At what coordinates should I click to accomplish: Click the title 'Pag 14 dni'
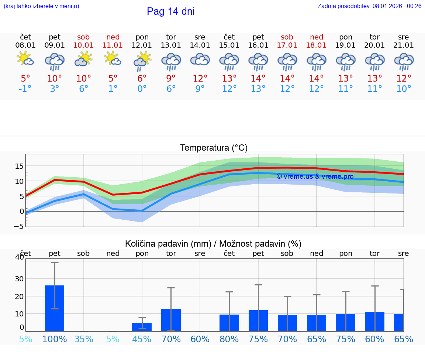[170, 11]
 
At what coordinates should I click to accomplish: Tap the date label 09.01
[55, 45]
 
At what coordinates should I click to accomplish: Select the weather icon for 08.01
[25, 59]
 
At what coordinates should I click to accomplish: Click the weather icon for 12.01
[142, 60]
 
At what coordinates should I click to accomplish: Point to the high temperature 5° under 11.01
[113, 78]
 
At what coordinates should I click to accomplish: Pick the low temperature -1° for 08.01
[25, 89]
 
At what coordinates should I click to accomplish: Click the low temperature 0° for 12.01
[142, 89]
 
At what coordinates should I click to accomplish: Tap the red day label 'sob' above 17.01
[287, 37]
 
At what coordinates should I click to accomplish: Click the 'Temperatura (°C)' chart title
[214, 148]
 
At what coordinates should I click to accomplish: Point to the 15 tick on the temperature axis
[19, 166]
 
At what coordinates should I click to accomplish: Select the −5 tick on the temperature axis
[18, 226]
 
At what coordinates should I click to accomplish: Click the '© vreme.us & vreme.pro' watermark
[315, 176]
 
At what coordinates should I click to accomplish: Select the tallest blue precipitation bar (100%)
[55, 308]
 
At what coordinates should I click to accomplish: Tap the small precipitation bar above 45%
[142, 327]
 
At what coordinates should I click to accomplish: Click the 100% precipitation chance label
[55, 339]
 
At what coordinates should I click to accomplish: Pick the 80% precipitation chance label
[229, 339]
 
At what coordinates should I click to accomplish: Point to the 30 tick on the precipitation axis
[19, 279]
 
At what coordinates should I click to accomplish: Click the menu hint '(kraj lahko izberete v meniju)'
[41, 6]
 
